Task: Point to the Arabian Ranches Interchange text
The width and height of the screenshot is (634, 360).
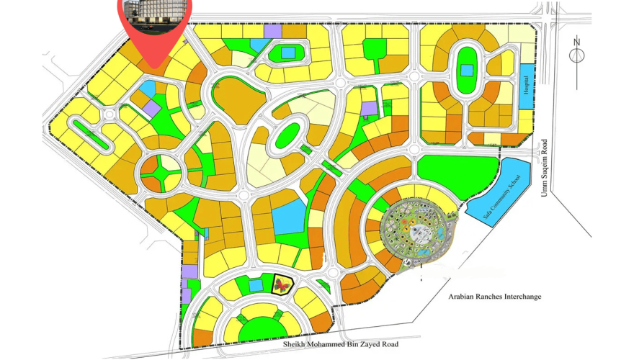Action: (494, 297)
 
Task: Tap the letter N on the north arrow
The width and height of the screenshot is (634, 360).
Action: (577, 42)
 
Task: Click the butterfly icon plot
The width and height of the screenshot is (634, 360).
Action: (282, 287)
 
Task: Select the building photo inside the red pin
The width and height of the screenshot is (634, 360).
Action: (153, 14)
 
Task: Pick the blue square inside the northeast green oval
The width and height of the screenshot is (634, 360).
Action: (467, 71)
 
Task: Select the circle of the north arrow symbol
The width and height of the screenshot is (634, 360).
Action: (577, 55)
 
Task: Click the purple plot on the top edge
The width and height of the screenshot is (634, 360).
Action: (272, 31)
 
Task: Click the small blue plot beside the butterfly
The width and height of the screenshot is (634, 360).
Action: (256, 286)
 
